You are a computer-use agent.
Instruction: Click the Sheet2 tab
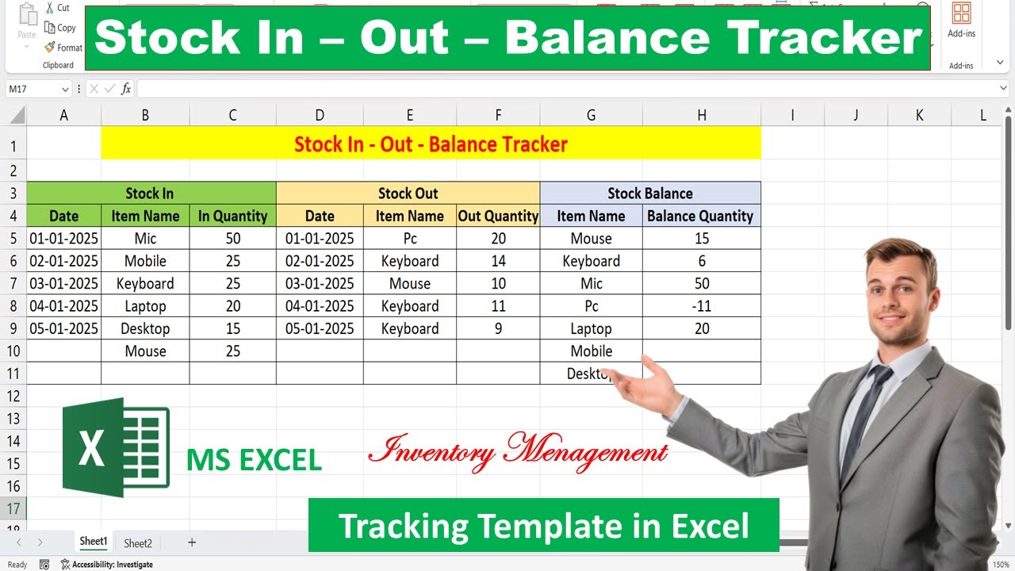(x=137, y=543)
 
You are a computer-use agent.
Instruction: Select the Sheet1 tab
(x=93, y=542)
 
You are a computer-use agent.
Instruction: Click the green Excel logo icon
(x=116, y=447)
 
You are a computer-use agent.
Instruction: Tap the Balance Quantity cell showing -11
(x=701, y=306)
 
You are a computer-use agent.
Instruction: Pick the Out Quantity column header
(x=498, y=216)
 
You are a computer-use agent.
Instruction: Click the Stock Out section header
(x=408, y=194)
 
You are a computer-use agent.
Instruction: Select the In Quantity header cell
(x=232, y=216)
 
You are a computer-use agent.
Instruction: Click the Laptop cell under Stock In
(x=145, y=306)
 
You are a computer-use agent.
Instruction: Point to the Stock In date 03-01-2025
(x=63, y=284)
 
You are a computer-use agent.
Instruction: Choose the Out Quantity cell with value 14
(x=498, y=261)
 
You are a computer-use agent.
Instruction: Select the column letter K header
(x=919, y=115)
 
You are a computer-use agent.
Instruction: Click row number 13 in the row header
(x=13, y=418)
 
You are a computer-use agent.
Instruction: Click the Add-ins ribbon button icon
(x=961, y=13)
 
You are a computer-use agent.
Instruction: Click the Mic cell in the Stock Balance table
(x=591, y=284)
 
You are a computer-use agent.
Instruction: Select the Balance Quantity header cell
(x=700, y=216)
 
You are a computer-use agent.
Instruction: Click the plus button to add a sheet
(x=191, y=543)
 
